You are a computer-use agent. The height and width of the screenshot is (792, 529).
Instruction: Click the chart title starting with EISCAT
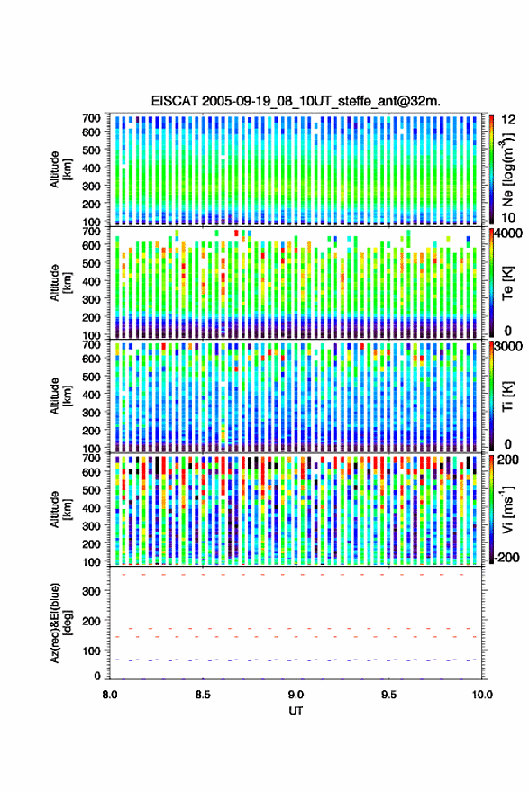[296, 101]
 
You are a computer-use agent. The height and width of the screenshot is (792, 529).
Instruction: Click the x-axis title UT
[296, 711]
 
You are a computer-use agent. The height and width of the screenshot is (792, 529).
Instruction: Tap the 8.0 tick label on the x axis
[110, 695]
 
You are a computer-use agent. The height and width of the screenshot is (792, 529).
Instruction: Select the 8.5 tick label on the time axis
[203, 695]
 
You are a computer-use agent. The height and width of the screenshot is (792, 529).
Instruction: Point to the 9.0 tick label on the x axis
[296, 695]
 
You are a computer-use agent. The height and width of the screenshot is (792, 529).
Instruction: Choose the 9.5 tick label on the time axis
[388, 695]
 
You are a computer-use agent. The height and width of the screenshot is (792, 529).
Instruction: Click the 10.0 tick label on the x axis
[482, 695]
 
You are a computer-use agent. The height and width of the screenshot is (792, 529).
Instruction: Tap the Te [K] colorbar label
[507, 283]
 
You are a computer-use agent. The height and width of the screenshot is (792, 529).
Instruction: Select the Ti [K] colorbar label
[507, 396]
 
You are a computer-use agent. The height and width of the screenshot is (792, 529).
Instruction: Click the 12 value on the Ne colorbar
[508, 120]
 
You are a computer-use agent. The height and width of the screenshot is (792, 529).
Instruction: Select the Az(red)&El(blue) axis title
[60, 623]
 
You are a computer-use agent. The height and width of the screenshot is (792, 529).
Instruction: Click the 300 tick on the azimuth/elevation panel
[92, 591]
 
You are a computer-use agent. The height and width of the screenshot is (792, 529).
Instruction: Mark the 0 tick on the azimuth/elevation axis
[97, 676]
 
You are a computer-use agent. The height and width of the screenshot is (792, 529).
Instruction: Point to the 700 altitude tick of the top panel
[92, 118]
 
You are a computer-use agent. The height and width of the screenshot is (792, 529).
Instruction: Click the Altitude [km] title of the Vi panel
[60, 509]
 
